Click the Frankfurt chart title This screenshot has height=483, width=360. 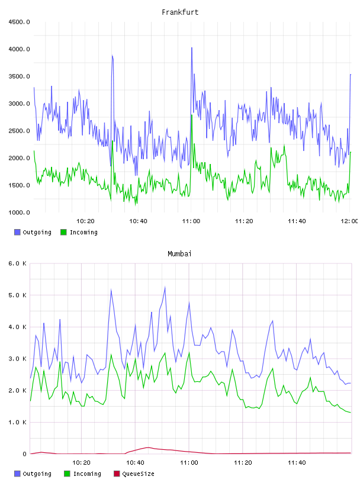point(180,12)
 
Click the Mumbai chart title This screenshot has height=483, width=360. point(179,254)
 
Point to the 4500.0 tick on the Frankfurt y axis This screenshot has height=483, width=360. point(19,22)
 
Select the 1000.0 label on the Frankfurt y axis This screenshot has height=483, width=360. point(19,212)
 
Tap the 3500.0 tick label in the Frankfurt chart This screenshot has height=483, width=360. point(19,76)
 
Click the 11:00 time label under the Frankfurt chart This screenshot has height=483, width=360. point(191,221)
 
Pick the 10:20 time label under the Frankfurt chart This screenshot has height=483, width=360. point(85,221)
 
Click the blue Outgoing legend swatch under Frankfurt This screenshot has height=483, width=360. point(17,232)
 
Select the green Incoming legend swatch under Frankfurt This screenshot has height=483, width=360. point(63,232)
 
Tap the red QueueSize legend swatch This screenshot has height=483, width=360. point(117,474)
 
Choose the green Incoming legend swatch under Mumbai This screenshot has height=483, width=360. point(67,474)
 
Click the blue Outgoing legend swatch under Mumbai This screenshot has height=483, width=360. point(17,474)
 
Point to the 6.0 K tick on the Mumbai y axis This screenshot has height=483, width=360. point(17,263)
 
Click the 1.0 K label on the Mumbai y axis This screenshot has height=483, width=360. point(17,422)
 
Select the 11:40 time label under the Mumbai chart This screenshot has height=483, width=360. point(297,463)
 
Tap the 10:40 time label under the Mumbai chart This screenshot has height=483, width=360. point(135,463)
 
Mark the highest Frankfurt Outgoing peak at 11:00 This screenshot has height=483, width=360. point(192,48)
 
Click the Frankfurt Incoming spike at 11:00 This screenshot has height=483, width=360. point(192,115)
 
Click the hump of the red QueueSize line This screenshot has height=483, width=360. point(148,447)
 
